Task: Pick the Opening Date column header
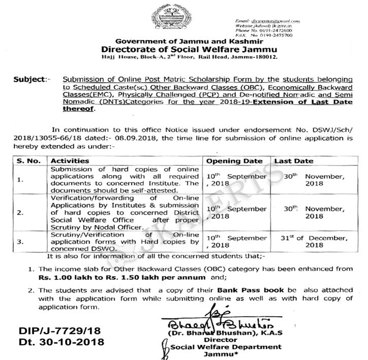(235, 160)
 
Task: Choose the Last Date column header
(294, 160)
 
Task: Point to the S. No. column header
(23, 160)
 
